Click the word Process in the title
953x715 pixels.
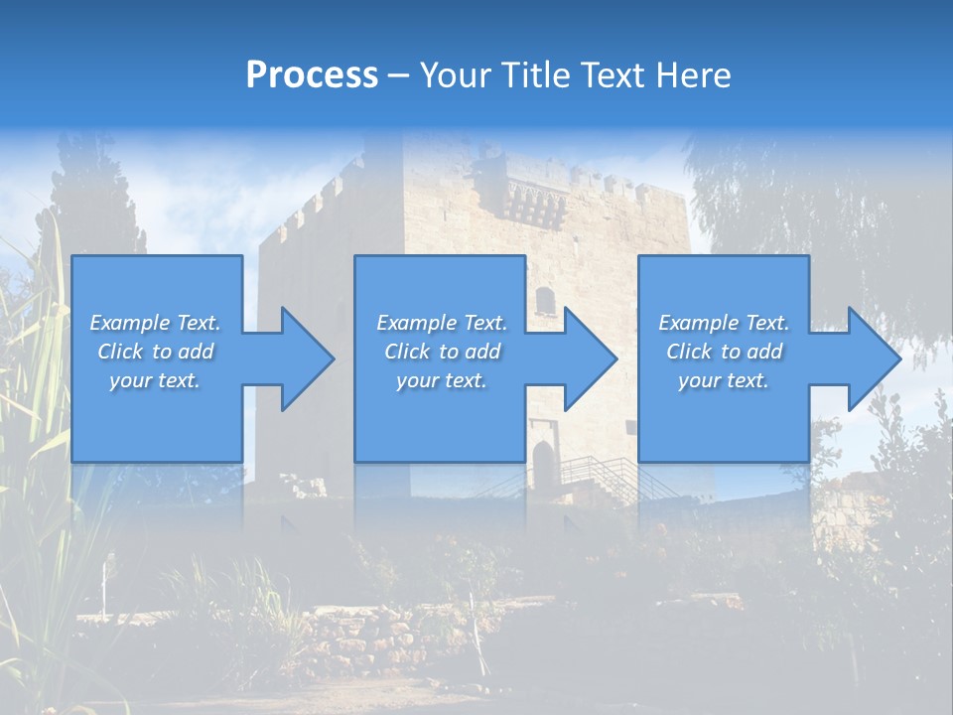[312, 75]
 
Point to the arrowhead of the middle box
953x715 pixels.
[589, 358]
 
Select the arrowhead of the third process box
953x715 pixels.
[873, 358]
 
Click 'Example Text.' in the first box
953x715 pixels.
[156, 323]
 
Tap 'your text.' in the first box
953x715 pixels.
[156, 380]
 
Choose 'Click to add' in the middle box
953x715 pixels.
[442, 352]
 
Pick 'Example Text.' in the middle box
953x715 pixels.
[442, 323]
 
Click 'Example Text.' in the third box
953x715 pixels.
[724, 323]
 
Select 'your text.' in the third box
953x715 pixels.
[724, 380]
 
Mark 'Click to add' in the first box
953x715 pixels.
[156, 352]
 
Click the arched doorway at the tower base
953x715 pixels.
[543, 463]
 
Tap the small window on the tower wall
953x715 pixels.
[545, 299]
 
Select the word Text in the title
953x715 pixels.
[611, 75]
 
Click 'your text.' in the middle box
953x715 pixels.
[442, 380]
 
